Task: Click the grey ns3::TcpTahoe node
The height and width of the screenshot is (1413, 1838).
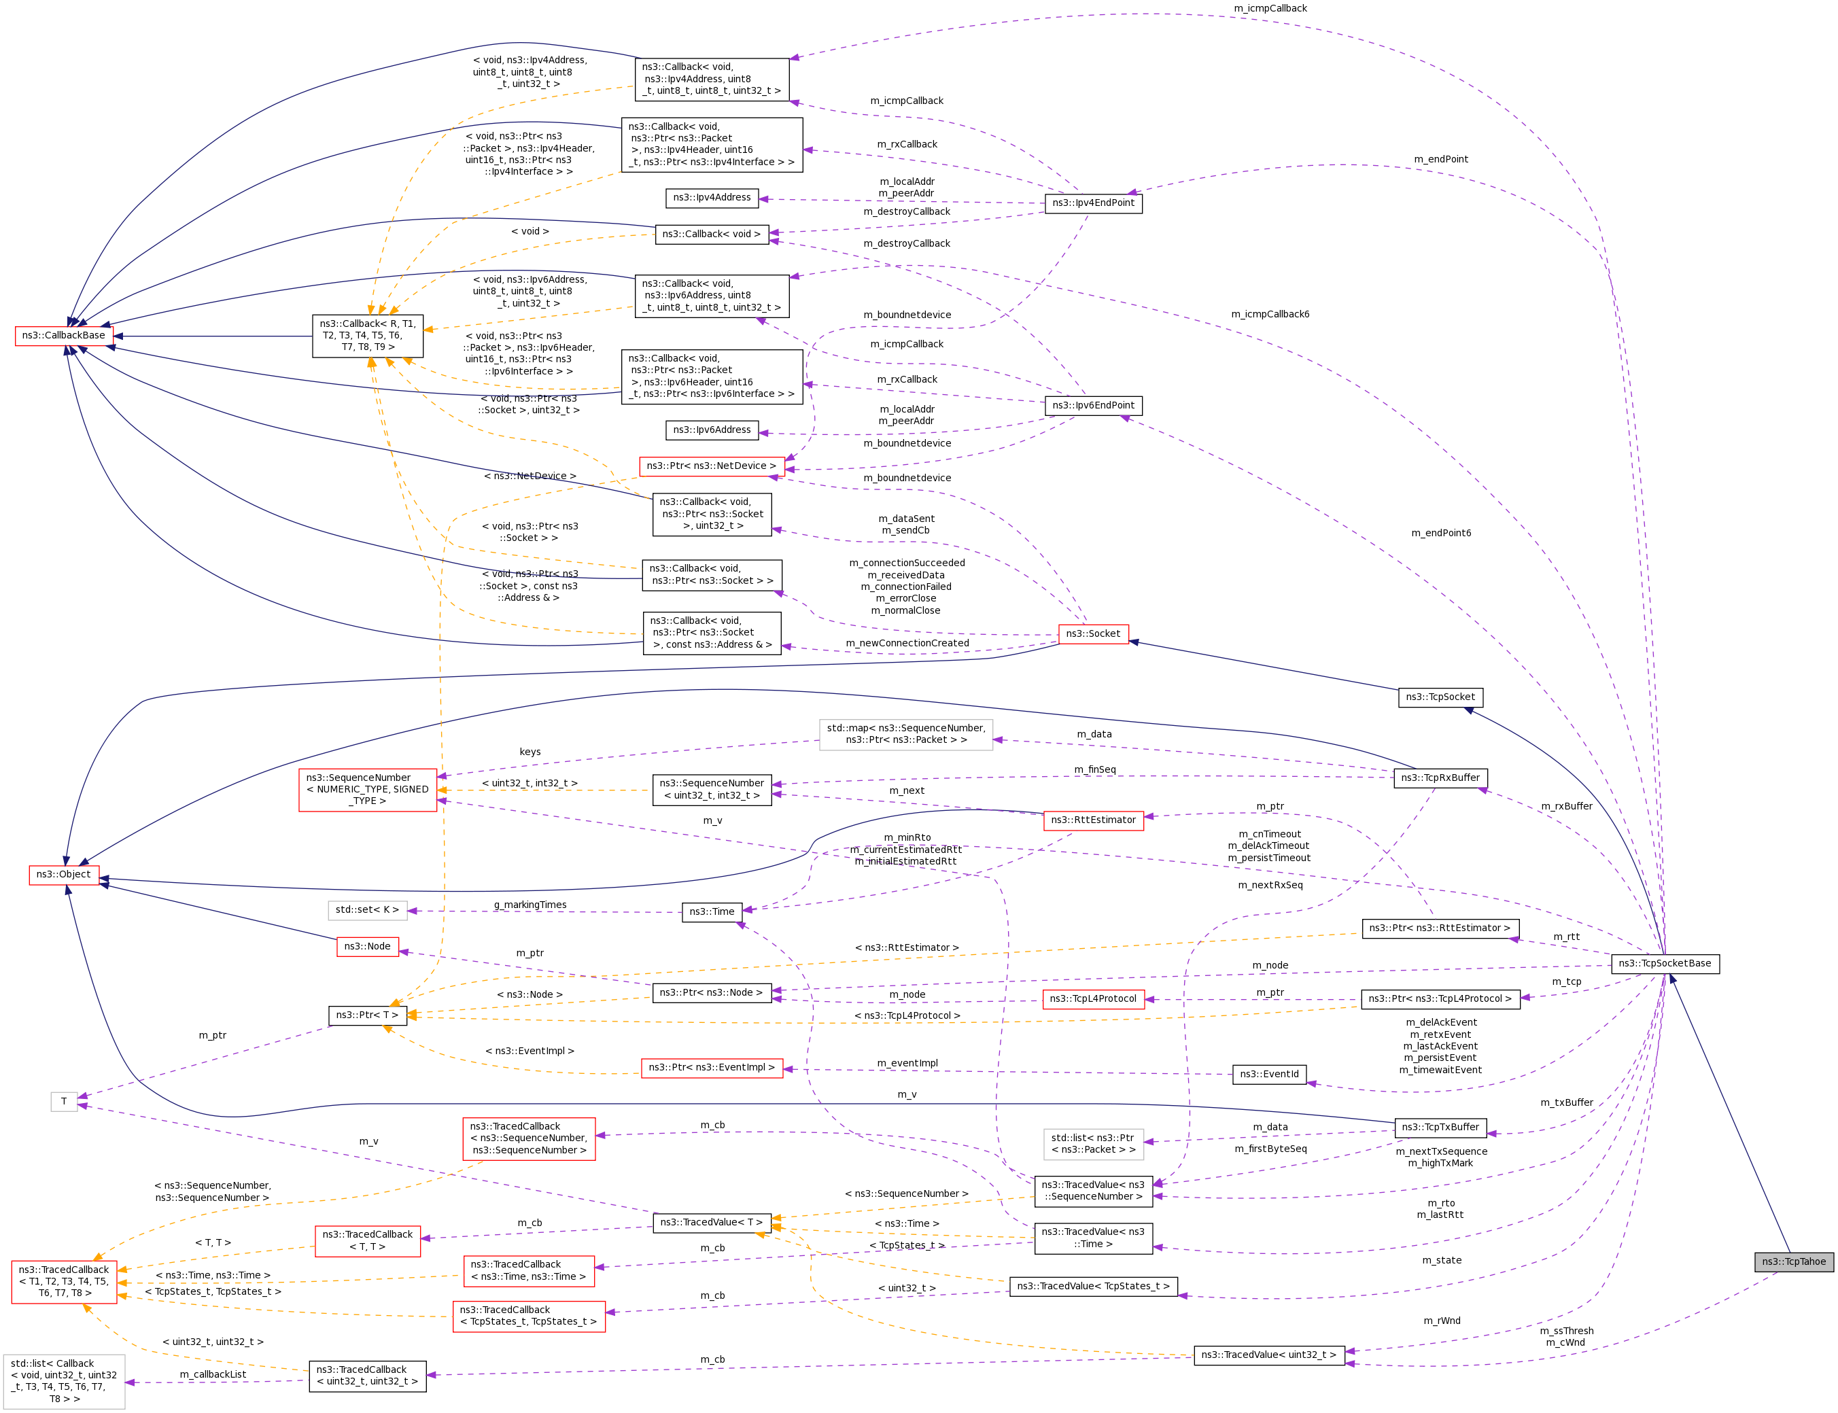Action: click(x=1793, y=1261)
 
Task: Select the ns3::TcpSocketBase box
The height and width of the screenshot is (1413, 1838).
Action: click(x=1665, y=963)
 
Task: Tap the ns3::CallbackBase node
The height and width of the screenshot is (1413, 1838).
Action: click(x=64, y=336)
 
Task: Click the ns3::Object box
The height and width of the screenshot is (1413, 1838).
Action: click(x=64, y=875)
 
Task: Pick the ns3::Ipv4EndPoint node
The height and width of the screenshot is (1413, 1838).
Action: click(x=1093, y=203)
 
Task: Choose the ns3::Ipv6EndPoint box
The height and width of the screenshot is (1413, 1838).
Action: click(x=1093, y=405)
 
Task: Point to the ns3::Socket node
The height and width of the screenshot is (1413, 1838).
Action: click(x=1093, y=634)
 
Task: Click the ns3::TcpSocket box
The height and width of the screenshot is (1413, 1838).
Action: click(x=1441, y=697)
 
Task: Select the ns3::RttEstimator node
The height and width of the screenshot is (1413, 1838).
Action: click(x=1093, y=820)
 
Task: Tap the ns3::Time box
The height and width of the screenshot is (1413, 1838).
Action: click(x=712, y=911)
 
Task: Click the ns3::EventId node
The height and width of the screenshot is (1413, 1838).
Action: click(x=1269, y=1074)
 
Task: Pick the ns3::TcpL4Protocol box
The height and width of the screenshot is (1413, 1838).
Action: click(x=1093, y=999)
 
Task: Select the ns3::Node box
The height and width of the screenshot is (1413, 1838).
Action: click(x=368, y=947)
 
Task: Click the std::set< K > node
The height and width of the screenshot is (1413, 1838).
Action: click(x=368, y=910)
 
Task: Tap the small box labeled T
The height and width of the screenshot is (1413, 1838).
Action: click(x=64, y=1102)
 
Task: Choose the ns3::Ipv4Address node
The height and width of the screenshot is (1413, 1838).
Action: click(x=712, y=198)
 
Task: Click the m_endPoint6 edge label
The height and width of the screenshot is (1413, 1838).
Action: click(x=1442, y=534)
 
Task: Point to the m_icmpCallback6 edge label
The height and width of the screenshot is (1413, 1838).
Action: click(x=1270, y=315)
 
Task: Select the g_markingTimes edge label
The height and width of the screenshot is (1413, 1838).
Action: click(x=530, y=905)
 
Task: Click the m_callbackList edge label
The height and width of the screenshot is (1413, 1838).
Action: click(x=213, y=1374)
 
